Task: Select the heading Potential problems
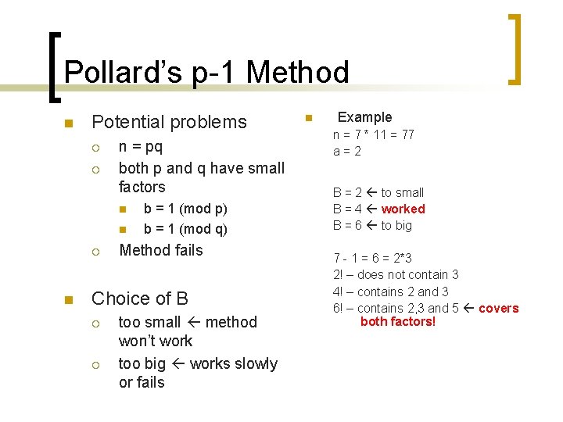(169, 122)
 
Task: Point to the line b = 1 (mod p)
(185, 209)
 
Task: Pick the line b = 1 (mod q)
(185, 229)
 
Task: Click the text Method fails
(160, 250)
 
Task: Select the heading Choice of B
(140, 299)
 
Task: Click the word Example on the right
(364, 117)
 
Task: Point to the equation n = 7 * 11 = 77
(374, 134)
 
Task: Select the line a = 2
(347, 151)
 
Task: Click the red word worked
(403, 209)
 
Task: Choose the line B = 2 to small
(378, 192)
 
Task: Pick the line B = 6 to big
(372, 225)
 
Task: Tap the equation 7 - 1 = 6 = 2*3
(372, 258)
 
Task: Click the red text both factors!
(397, 321)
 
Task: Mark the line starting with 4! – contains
(391, 291)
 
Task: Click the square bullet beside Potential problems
(68, 123)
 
